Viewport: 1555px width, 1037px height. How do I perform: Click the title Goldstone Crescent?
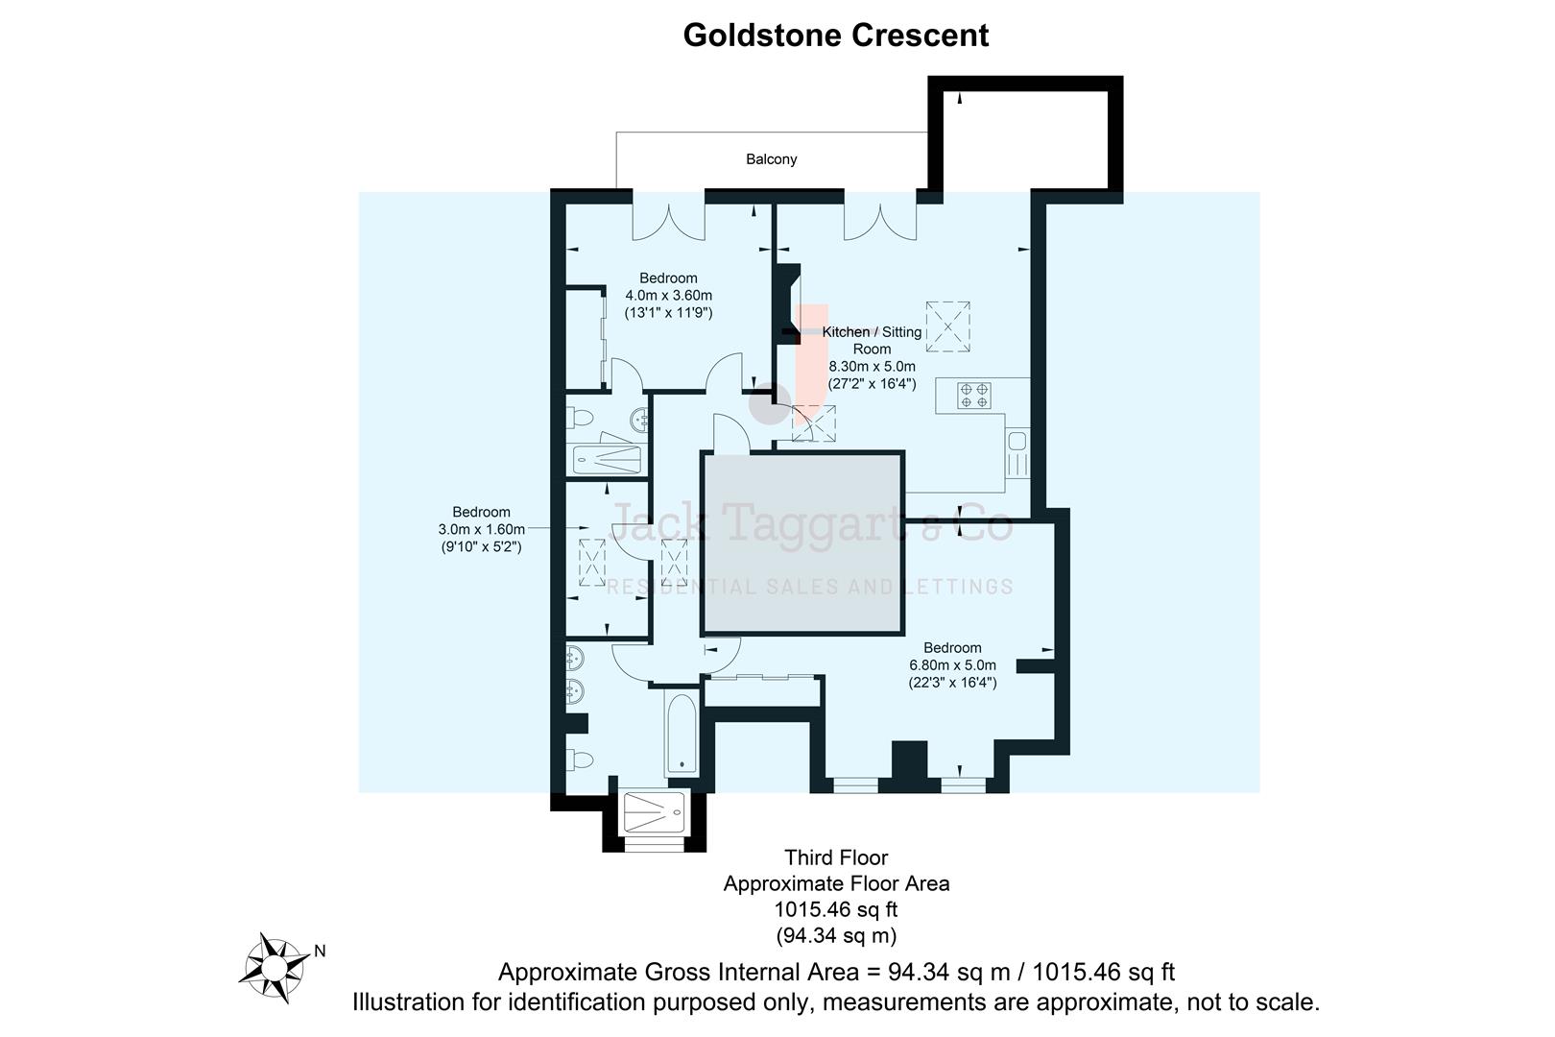pos(835,36)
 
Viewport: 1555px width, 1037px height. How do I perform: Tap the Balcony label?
pos(771,159)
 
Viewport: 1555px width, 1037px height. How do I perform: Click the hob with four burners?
pos(974,396)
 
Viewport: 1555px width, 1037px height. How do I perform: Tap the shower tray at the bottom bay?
pos(655,812)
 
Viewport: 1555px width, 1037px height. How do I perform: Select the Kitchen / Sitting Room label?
pos(872,340)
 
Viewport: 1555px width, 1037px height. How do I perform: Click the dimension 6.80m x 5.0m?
pos(952,665)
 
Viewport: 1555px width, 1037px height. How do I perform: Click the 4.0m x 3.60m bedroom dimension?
pos(668,296)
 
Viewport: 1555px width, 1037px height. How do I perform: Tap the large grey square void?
pos(802,543)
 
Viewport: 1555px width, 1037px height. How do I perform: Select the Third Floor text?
pos(835,857)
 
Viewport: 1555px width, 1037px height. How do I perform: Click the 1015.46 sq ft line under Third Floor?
pos(835,909)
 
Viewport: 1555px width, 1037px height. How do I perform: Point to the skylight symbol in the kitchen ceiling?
pos(947,326)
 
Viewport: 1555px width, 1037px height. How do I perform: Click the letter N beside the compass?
pos(320,952)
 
